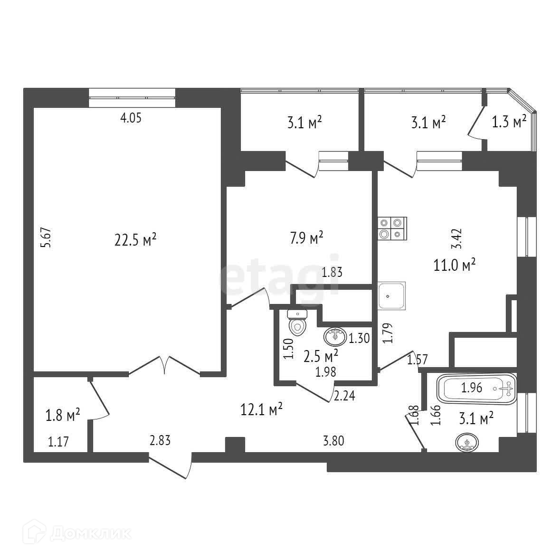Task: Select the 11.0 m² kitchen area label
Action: [455, 265]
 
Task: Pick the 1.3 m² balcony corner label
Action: [509, 122]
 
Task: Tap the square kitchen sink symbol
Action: [392, 295]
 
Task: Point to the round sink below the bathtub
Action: [468, 443]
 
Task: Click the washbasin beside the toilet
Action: [335, 337]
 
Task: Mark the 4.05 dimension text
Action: [131, 118]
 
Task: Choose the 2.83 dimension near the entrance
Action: [160, 440]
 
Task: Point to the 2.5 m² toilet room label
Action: [321, 355]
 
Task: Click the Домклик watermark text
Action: [90, 532]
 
